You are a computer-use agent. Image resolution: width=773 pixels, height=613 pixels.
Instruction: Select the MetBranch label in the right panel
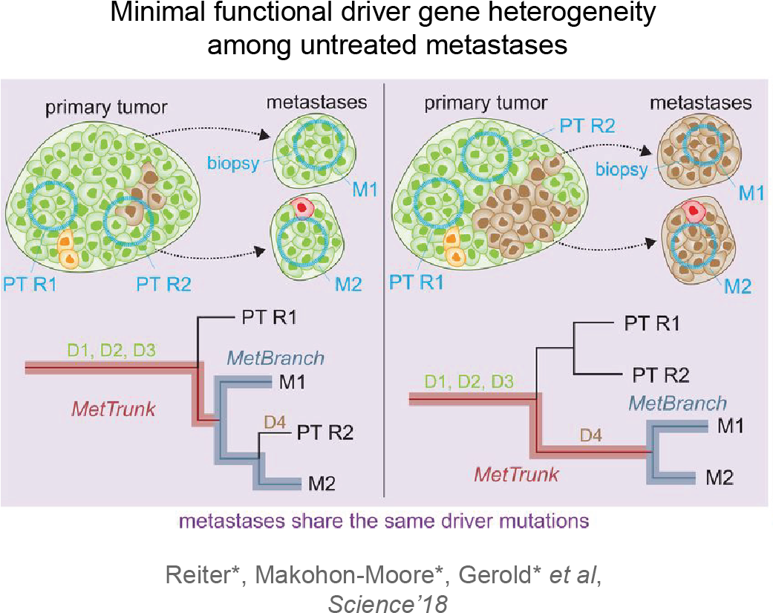tap(677, 403)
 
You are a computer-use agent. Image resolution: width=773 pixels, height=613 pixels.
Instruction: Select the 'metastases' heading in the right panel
tap(700, 102)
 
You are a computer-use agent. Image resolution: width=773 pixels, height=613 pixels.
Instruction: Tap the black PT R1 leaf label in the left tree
tap(269, 318)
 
